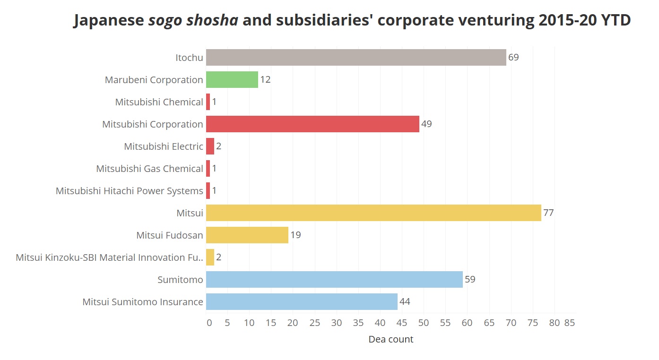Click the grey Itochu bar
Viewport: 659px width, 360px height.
pos(356,58)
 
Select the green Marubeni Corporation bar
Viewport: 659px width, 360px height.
pos(232,80)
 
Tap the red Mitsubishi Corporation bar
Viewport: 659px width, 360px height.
pos(312,124)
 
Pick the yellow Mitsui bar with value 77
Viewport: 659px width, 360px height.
pos(373,213)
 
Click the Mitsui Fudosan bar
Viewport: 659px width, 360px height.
pos(247,235)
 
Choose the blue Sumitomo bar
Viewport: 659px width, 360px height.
pos(334,280)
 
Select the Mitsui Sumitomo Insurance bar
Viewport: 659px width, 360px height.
pos(302,302)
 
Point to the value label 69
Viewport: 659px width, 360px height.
pos(513,58)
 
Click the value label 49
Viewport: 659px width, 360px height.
pos(426,124)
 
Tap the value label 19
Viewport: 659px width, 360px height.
pos(295,235)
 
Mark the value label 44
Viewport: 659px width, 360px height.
pos(405,302)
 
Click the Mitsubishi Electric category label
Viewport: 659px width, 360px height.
pos(164,146)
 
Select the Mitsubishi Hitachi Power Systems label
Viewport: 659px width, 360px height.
pos(130,191)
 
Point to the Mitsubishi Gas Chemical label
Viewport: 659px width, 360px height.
pos(149,169)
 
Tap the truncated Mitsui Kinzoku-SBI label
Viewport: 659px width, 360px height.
pos(109,257)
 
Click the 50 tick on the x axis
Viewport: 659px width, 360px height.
pos(424,323)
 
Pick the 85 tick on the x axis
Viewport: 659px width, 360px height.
pos(570,323)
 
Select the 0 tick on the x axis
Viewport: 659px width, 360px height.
pos(209,323)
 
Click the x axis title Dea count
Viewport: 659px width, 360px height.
pos(391,339)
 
